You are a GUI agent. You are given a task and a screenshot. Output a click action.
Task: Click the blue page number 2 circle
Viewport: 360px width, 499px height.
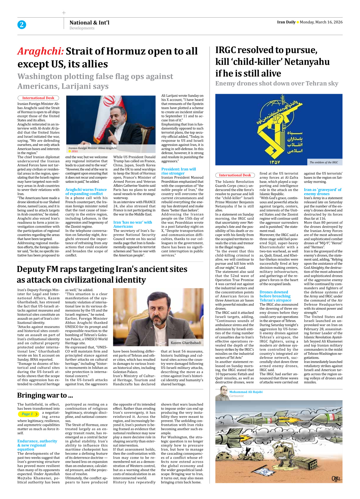pyautogui.click(x=22, y=25)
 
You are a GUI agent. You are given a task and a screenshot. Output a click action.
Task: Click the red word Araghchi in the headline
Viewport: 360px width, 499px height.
pyautogui.click(x=40, y=51)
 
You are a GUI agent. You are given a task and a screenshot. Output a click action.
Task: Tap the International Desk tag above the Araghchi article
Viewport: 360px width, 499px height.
pyautogui.click(x=38, y=98)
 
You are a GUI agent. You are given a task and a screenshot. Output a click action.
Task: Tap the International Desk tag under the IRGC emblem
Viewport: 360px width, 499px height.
pyautogui.click(x=235, y=175)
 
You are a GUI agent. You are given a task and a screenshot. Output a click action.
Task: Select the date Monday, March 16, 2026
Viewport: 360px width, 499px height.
pyautogui.click(x=321, y=22)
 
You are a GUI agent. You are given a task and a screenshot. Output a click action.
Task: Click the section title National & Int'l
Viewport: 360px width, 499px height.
pyautogui.click(x=89, y=22)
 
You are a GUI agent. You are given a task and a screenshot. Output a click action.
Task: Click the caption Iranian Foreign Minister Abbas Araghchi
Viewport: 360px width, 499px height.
pyautogui.click(x=92, y=148)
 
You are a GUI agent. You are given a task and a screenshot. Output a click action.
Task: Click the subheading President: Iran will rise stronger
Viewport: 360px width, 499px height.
pyautogui.click(x=179, y=171)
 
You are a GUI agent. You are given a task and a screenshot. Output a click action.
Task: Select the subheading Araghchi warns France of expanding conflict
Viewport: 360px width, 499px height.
pyautogui.click(x=86, y=192)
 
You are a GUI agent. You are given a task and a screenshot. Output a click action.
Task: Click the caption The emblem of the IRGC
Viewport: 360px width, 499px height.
pyautogui.click(x=324, y=163)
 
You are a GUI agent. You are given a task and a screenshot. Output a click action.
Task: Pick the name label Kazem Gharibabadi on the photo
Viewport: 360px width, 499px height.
pyautogui.click(x=186, y=343)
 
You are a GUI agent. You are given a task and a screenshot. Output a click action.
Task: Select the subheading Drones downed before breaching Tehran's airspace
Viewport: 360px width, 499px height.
pyautogui.click(x=275, y=296)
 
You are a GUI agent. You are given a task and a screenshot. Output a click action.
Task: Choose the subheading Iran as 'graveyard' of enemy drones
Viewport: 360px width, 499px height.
pyautogui.click(x=323, y=192)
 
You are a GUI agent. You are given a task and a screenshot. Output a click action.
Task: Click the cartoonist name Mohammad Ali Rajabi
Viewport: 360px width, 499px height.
pyautogui.click(x=246, y=392)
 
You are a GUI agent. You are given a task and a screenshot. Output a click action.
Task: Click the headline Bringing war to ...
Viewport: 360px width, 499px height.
pyautogui.click(x=45, y=395)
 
